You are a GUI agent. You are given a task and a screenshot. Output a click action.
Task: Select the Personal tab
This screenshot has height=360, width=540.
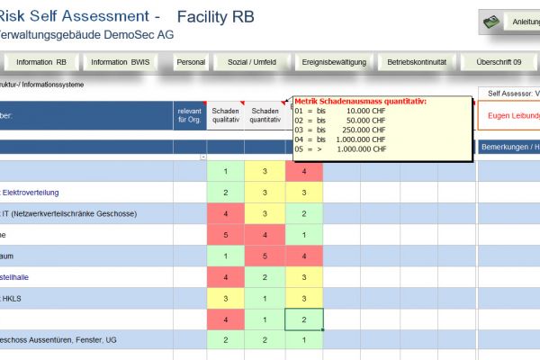coord(191,62)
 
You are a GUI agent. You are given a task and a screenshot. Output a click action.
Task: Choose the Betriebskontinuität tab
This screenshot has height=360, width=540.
coord(418,62)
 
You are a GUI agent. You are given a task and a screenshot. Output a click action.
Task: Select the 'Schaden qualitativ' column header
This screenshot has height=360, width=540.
coord(226,113)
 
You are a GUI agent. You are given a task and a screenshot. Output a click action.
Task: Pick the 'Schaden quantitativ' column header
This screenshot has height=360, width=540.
coord(265,113)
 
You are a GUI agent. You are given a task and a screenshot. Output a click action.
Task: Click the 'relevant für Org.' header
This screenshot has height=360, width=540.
coord(189,113)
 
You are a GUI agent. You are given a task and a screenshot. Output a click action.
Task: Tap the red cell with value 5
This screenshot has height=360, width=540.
coord(226,234)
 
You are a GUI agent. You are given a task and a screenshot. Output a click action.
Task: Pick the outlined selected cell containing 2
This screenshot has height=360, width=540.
coord(304,319)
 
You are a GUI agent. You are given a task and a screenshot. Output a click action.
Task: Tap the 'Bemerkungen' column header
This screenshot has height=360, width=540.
coord(509,147)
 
